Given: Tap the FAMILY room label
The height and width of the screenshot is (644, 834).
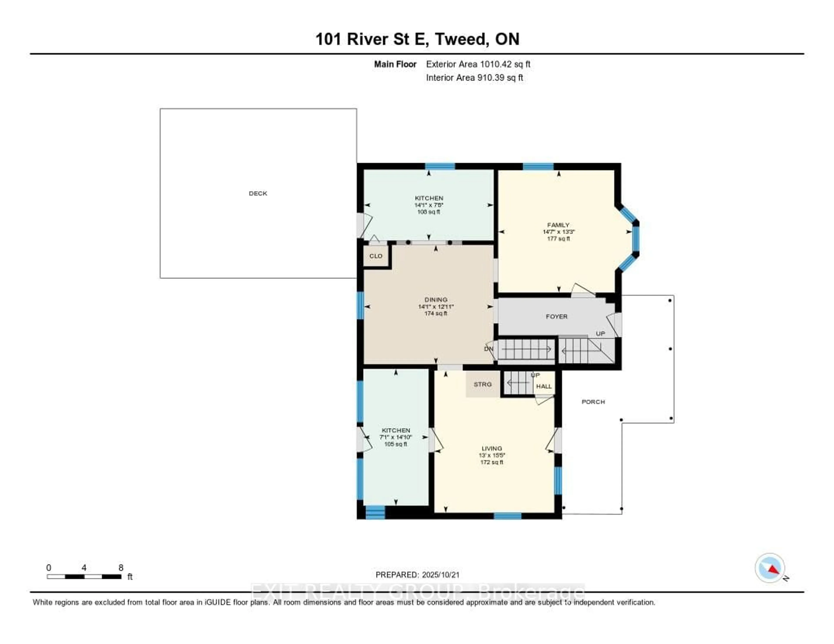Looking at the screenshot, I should [x=558, y=225].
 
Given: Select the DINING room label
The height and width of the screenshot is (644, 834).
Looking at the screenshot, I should [x=436, y=300].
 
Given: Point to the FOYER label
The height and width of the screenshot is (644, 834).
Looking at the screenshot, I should [x=556, y=317].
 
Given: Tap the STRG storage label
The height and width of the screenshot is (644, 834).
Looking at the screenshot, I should [x=483, y=384].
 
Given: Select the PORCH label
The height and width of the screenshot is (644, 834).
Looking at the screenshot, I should [x=593, y=402].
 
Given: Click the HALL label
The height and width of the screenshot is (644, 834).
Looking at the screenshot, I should [x=544, y=386].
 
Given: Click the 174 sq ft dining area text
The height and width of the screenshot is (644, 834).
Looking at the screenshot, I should [x=436, y=313].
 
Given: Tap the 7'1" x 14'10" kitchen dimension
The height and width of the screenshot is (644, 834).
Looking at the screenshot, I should [x=396, y=437].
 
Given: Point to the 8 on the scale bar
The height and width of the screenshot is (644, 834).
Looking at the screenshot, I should [x=121, y=568].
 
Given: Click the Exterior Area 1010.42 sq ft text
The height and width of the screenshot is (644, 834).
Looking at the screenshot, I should [x=478, y=64].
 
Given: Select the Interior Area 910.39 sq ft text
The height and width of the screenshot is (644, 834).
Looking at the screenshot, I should [x=474, y=78].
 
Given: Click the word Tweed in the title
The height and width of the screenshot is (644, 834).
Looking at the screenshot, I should [x=462, y=39].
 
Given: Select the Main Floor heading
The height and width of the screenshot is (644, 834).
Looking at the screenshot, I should [x=395, y=64].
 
